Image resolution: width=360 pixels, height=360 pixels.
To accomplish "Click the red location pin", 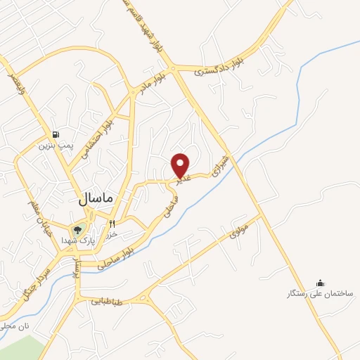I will [181, 165].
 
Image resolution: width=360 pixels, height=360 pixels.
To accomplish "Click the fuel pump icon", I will [56, 135].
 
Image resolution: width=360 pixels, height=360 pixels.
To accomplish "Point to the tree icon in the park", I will [77, 229].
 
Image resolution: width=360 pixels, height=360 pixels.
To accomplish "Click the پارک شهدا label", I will [77, 240].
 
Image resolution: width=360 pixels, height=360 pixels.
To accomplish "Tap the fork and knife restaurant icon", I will [112, 224].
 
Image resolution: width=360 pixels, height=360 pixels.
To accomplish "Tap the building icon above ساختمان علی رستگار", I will [321, 282].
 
